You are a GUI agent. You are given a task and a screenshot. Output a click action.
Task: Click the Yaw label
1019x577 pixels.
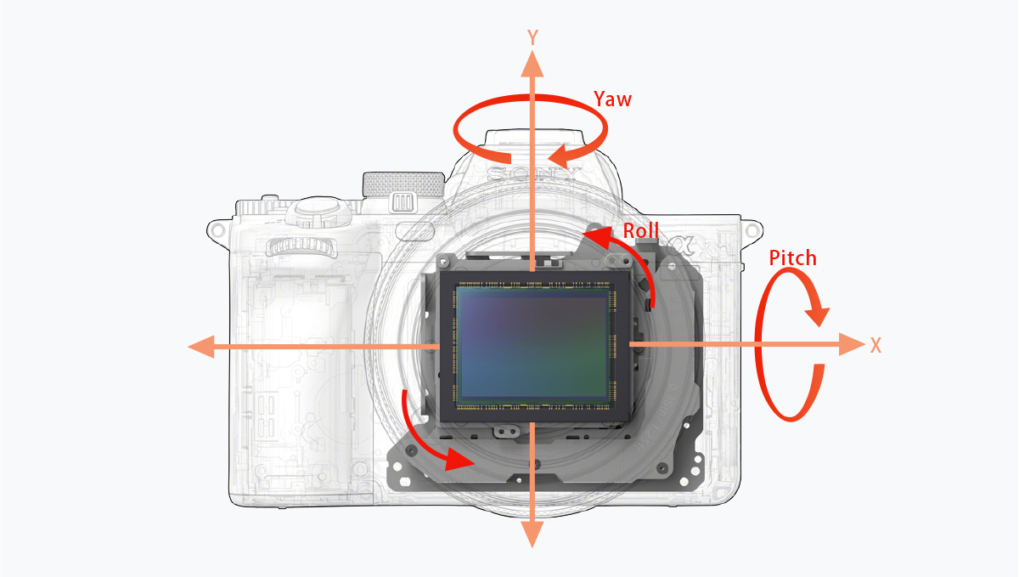coord(612,99)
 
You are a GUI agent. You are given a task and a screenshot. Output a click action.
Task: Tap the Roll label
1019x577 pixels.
coord(640,230)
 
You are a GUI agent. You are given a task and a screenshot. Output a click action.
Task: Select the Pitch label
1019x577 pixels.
coord(792,257)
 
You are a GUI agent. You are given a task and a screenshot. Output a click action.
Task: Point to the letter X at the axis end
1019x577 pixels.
coord(875,345)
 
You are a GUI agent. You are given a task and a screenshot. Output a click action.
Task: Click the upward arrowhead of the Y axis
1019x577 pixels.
coord(532,65)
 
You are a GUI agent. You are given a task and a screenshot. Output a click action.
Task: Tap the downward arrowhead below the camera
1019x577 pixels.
coord(532,534)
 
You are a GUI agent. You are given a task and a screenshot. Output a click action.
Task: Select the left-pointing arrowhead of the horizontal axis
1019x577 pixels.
coord(201,347)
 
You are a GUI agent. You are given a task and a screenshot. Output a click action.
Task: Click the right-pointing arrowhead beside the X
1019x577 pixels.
coord(851,344)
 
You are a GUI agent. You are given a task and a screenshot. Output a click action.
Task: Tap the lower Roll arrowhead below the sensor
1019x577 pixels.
coord(459,459)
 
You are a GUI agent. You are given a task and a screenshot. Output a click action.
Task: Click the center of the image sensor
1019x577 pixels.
coord(532,344)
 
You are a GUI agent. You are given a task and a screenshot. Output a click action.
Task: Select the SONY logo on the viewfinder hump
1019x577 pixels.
coord(532,173)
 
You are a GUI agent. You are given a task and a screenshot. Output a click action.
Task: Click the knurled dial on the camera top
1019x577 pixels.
coord(404,184)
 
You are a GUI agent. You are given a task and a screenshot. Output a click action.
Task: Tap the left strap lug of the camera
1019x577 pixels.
coord(217,229)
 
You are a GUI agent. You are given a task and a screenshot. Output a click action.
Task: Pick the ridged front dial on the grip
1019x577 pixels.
coord(301,246)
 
